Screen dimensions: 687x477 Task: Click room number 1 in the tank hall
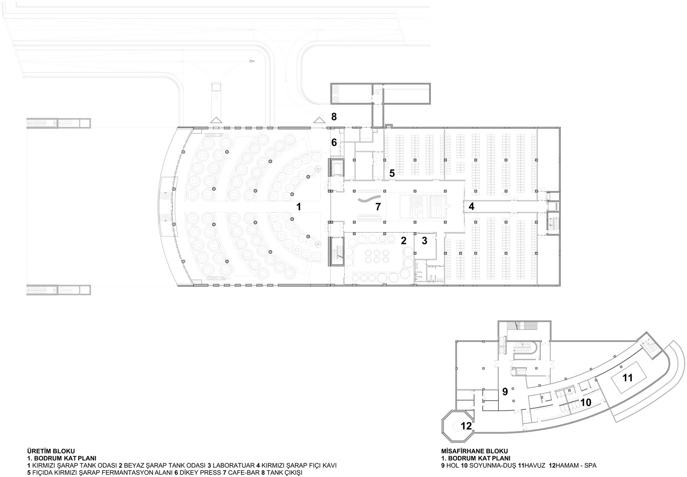pyautogui.click(x=299, y=207)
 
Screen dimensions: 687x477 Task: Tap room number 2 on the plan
pyautogui.click(x=404, y=241)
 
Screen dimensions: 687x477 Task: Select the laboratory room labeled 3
pyautogui.click(x=425, y=241)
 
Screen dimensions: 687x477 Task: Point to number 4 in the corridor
pyautogui.click(x=471, y=206)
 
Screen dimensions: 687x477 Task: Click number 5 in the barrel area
pyautogui.click(x=392, y=174)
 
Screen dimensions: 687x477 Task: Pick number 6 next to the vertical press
pyautogui.click(x=334, y=142)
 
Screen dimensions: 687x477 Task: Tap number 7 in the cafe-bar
pyautogui.click(x=378, y=207)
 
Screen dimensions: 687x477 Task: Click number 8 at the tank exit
pyautogui.click(x=334, y=117)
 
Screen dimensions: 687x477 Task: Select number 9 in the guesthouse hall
pyautogui.click(x=505, y=392)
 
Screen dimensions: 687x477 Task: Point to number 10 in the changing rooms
pyautogui.click(x=586, y=402)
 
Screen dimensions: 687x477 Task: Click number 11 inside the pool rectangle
pyautogui.click(x=628, y=378)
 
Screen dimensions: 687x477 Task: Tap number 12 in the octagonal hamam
pyautogui.click(x=466, y=426)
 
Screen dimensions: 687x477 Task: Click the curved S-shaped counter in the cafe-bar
pyautogui.click(x=369, y=199)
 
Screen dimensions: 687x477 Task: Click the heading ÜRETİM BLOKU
pyautogui.click(x=51, y=451)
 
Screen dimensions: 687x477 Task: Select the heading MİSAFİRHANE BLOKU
pyautogui.click(x=474, y=451)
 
